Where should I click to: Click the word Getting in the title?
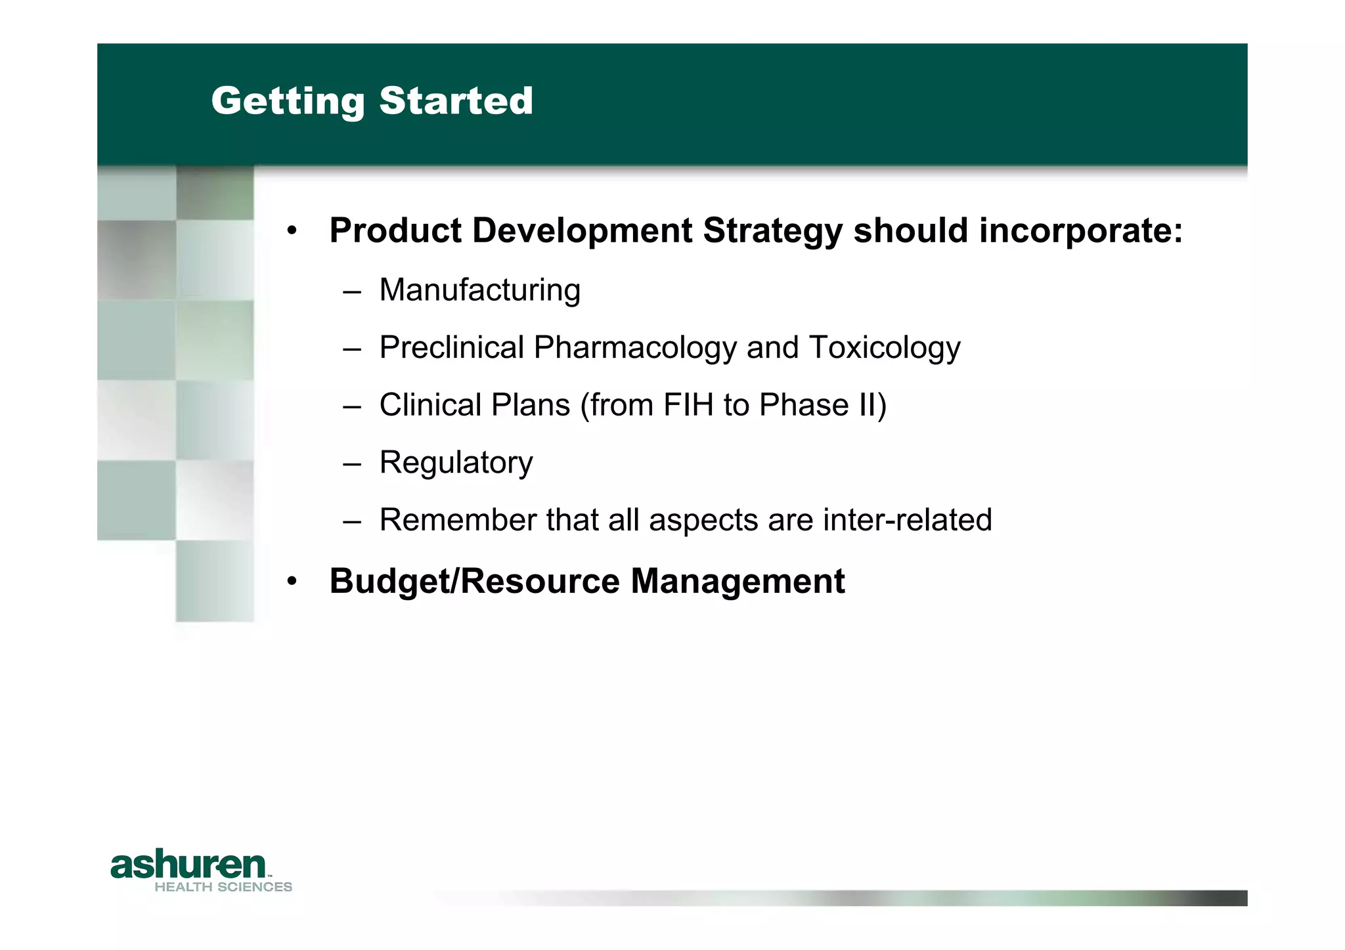point(287,102)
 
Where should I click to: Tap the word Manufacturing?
point(479,290)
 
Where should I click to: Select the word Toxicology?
point(885,347)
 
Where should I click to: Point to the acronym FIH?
point(688,404)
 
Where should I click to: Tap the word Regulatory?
point(456,462)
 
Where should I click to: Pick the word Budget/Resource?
point(474,581)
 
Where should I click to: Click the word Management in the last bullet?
point(738,581)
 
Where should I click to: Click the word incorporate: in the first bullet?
point(1080,230)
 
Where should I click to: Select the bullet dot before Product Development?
point(292,231)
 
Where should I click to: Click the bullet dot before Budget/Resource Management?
point(292,582)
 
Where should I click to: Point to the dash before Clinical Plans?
point(352,406)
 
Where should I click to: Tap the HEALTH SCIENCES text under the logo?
point(223,887)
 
